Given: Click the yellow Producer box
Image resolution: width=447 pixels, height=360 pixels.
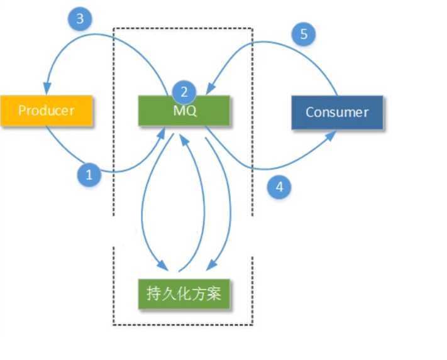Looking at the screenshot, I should coord(47,111).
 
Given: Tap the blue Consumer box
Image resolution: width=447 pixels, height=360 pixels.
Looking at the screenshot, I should coord(337,112).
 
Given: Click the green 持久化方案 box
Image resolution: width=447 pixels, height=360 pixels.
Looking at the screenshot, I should coord(184,293).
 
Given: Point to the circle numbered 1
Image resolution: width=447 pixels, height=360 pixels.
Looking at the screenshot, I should coord(89,175).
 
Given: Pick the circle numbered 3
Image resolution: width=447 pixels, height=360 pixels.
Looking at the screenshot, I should coord(80,19).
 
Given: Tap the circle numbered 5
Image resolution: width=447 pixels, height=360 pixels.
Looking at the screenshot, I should coord(304,34).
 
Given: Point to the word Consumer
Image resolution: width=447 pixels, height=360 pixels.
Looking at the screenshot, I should coord(337,112).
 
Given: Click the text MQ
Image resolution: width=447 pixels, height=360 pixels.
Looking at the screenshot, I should coord(185,112).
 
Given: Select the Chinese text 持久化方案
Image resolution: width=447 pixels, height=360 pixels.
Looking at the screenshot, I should coord(184,293).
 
